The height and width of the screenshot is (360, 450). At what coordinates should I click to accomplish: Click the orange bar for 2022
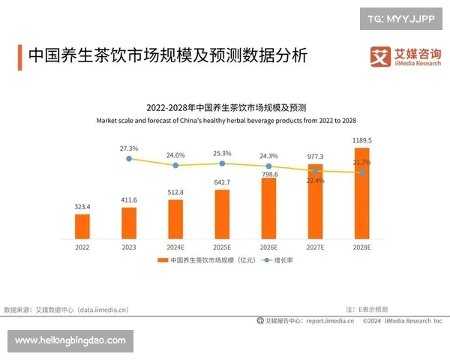tap(82, 226)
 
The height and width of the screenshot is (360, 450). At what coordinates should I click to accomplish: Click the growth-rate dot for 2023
tap(129, 159)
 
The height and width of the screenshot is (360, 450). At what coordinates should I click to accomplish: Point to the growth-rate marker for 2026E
tap(268, 166)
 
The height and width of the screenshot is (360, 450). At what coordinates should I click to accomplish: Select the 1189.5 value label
tap(361, 140)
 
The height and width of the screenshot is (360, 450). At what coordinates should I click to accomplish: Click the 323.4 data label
tap(82, 206)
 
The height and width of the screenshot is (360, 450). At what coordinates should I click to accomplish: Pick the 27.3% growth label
tap(129, 148)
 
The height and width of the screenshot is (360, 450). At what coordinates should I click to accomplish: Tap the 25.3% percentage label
tap(222, 153)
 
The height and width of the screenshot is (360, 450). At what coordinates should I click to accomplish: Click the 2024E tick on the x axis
tap(175, 247)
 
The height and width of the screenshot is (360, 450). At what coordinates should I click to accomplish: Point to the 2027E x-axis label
tap(315, 247)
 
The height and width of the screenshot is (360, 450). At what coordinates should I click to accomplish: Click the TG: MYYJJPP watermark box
tap(401, 17)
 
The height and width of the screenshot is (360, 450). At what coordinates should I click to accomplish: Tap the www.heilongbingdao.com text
tap(70, 340)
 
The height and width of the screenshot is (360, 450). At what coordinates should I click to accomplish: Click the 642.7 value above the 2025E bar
tap(222, 182)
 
